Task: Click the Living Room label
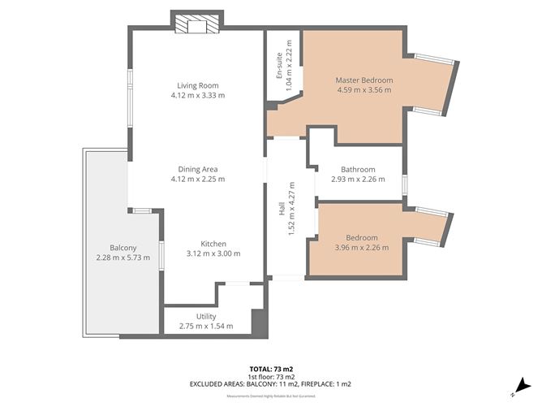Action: coord(198,85)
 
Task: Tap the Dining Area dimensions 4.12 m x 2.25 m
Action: coord(198,179)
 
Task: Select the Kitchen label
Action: coord(213,244)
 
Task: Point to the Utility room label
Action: coord(206,316)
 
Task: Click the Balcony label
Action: coord(124,248)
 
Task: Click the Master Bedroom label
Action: coord(364,80)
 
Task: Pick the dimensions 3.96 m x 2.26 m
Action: coord(361,248)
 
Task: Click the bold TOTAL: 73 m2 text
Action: coord(270,368)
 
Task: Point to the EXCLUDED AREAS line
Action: coord(270,384)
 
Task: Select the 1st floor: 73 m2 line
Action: coord(270,376)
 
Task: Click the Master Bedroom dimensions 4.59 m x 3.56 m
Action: coord(364,90)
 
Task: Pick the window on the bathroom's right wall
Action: coord(404,184)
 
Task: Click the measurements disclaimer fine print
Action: coord(270,396)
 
